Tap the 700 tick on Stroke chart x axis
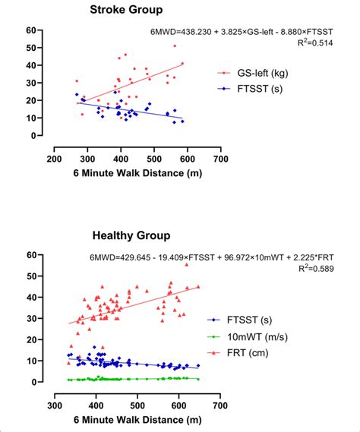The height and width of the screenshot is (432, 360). tap(221, 160)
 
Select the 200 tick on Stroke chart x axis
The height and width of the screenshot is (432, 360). tap(54, 160)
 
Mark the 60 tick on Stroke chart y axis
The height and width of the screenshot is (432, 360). tap(31, 30)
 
